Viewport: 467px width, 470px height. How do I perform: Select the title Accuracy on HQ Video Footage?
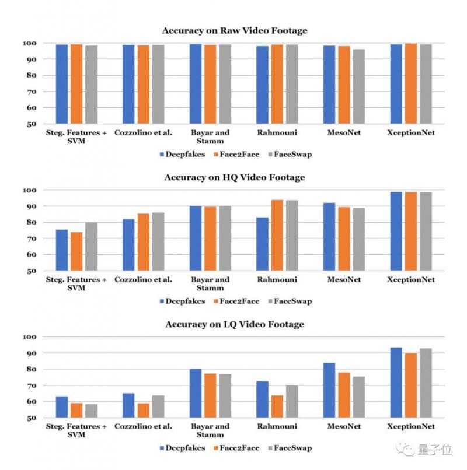coord(234,177)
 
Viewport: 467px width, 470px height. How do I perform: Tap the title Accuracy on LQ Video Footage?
coord(234,324)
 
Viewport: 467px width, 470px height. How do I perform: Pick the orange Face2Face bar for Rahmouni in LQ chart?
coord(277,406)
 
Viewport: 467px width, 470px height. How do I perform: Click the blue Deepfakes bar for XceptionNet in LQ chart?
coord(396,383)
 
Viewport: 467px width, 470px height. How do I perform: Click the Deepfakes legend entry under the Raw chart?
coord(182,155)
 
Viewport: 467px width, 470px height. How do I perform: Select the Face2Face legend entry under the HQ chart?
coord(237,301)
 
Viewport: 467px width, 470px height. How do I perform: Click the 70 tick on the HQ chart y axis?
coord(32,239)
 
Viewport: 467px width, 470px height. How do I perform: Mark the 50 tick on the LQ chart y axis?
coord(32,418)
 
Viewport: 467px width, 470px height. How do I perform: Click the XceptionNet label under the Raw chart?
coord(411,133)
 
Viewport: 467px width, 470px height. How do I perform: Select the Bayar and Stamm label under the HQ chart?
coord(210,283)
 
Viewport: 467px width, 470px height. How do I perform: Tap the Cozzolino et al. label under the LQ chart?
coord(143,427)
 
